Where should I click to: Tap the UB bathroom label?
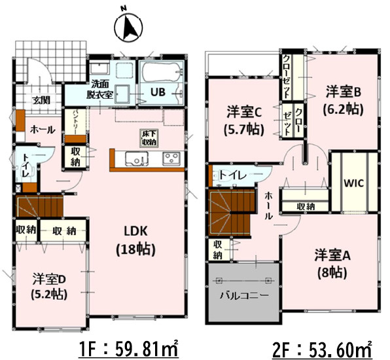[159, 92]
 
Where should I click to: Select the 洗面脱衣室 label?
[101, 89]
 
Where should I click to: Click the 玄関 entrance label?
[41, 100]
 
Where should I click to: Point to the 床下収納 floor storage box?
[148, 137]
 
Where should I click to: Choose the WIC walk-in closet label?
[351, 182]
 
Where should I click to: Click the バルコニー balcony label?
[243, 295]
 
